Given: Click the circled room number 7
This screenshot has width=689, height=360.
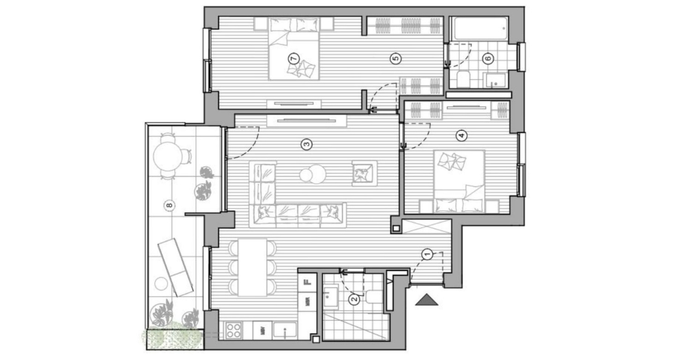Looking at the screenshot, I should pyautogui.click(x=292, y=58).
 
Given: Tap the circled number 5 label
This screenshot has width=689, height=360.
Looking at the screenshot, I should pyautogui.click(x=395, y=58).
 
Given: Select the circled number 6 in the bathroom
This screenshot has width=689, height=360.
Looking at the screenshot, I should pyautogui.click(x=488, y=58).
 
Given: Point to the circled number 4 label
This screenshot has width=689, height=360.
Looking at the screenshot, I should pyautogui.click(x=462, y=135).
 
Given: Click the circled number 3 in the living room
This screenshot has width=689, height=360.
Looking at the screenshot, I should pyautogui.click(x=305, y=143).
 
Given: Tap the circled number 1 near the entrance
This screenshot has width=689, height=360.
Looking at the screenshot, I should pyautogui.click(x=426, y=254).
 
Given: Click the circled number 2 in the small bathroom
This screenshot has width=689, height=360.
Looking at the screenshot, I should pyautogui.click(x=354, y=300).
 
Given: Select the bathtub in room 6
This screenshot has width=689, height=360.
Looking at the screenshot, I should pyautogui.click(x=479, y=28).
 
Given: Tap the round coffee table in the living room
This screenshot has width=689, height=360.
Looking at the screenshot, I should pyautogui.click(x=312, y=174).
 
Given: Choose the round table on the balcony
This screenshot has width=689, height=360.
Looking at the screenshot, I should pyautogui.click(x=167, y=157).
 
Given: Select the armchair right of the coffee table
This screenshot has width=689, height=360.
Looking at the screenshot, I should pyautogui.click(x=364, y=172).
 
